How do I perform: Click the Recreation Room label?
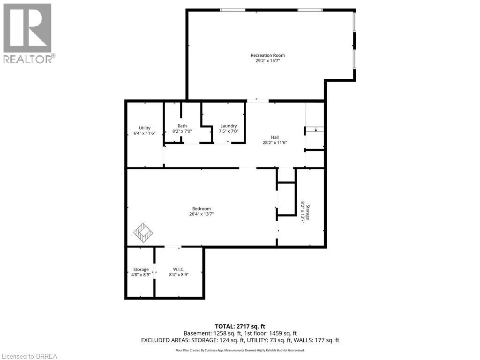pos(267,55)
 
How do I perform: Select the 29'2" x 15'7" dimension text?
pos(267,61)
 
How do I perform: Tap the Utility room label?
pos(144,128)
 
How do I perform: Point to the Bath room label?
pos(182,126)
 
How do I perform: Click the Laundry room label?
pos(229,126)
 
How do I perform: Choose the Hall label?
pos(275,137)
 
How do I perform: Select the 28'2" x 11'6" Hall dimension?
pos(275,142)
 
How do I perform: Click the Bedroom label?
pos(202,209)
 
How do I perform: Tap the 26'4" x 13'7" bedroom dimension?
pos(202,214)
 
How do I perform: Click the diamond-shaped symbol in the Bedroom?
pos(143,232)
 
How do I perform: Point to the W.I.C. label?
pos(179,269)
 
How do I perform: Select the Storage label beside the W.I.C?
pos(141,269)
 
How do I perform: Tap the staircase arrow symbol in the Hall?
pos(316,130)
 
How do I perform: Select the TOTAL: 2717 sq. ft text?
pos(240,326)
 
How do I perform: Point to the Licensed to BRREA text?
pos(29,356)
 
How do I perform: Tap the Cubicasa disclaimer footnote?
pos(240,350)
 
